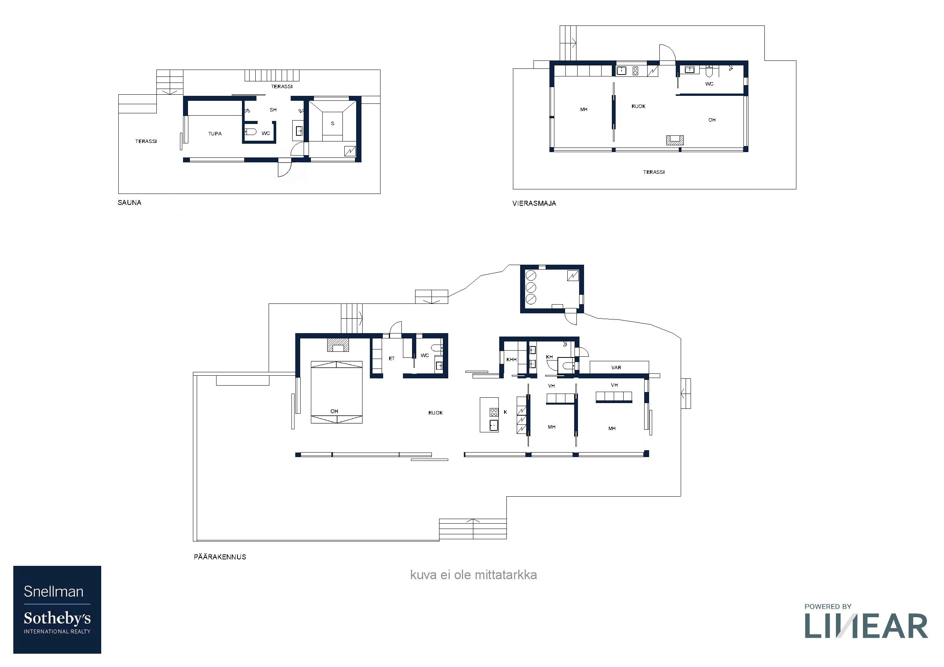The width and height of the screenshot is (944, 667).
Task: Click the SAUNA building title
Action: [x=129, y=203]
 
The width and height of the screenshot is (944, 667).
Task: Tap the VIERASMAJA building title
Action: [x=534, y=203]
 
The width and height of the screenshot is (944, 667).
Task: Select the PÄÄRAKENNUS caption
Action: [x=220, y=557]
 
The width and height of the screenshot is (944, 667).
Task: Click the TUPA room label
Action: [x=215, y=133]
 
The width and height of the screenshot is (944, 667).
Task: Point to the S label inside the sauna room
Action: [x=333, y=123]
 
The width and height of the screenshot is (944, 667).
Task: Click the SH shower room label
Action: [x=273, y=110]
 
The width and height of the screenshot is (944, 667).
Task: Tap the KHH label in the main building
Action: [x=511, y=360]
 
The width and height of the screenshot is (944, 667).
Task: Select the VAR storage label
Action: [x=616, y=367]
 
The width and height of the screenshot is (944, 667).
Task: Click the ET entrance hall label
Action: [x=392, y=358]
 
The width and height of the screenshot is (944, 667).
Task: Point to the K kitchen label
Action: [x=505, y=412]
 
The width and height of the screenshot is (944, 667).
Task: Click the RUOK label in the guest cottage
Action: [x=638, y=106]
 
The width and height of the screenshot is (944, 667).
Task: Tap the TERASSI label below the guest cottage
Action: [x=654, y=172]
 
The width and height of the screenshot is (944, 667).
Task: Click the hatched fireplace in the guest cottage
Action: [x=675, y=140]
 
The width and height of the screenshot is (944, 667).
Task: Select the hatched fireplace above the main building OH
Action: [x=338, y=345]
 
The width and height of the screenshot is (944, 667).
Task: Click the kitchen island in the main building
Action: [x=489, y=414]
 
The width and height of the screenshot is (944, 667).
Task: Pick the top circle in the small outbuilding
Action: [x=531, y=275]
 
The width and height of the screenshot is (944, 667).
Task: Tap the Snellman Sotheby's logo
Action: [x=57, y=610]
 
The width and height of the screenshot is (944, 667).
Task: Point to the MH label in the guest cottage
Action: [x=584, y=109]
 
